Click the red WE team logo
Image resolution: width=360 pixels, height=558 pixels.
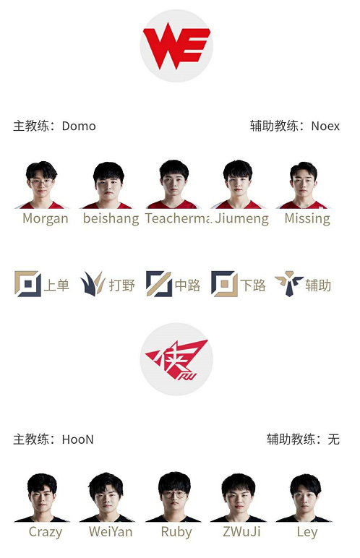pos(176,46)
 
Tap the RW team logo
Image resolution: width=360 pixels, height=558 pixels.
pos(176,359)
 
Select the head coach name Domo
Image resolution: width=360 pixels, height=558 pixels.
pos(79,126)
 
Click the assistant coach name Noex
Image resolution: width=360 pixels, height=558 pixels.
pos(325,126)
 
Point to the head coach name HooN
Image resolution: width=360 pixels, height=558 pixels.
pos(77,439)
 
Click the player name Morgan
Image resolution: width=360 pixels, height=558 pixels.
pos(46,219)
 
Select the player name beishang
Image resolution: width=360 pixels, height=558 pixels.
pos(111,218)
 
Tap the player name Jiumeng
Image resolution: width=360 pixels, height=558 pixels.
pos(241,219)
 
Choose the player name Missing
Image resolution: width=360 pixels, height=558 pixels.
pos(307,218)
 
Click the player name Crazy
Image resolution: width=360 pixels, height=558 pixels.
pos(46,533)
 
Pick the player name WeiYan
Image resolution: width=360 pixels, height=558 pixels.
pos(111,532)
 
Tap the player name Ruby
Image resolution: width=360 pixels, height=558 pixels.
pos(176,533)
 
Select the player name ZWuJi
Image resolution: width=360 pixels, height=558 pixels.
pos(241,532)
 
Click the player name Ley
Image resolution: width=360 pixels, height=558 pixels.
pos(307,533)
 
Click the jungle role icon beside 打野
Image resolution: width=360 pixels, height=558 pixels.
pos(93,283)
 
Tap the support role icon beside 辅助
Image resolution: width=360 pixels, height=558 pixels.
pos(288,283)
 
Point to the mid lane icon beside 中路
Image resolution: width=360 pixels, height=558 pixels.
pos(159,283)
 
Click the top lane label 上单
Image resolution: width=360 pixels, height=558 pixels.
pos(56,286)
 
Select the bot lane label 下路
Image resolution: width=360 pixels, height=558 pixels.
pos(253,286)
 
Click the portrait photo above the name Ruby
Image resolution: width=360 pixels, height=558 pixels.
pos(173,497)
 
